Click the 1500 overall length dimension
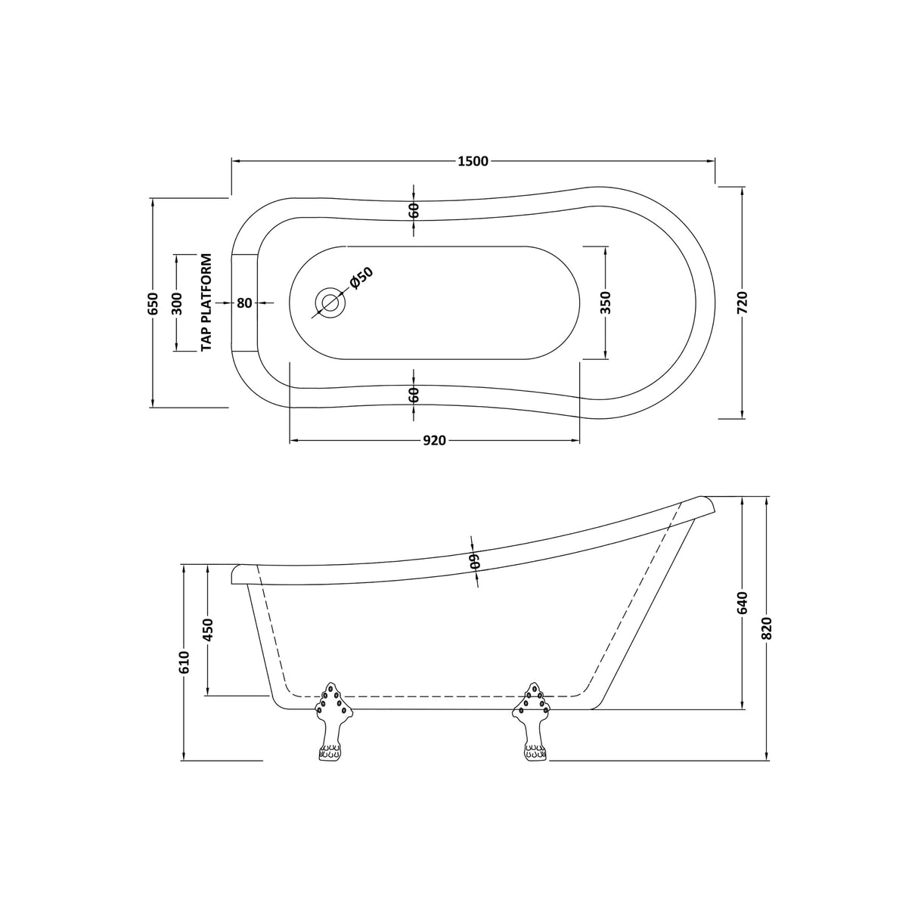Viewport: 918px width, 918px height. pos(473,160)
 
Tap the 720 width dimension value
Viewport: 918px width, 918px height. pos(741,302)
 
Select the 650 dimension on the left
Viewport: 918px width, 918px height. pos(153,302)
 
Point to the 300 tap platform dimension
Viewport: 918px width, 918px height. pos(177,303)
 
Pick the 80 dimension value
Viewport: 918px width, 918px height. pos(243,302)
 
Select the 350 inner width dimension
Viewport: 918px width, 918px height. pos(606,302)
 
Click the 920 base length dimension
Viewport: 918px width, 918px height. pos(434,441)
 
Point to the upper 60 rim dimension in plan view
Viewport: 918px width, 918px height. pos(414,211)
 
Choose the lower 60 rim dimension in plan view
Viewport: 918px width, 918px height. pos(414,394)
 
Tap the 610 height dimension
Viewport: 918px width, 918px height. pos(184,662)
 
